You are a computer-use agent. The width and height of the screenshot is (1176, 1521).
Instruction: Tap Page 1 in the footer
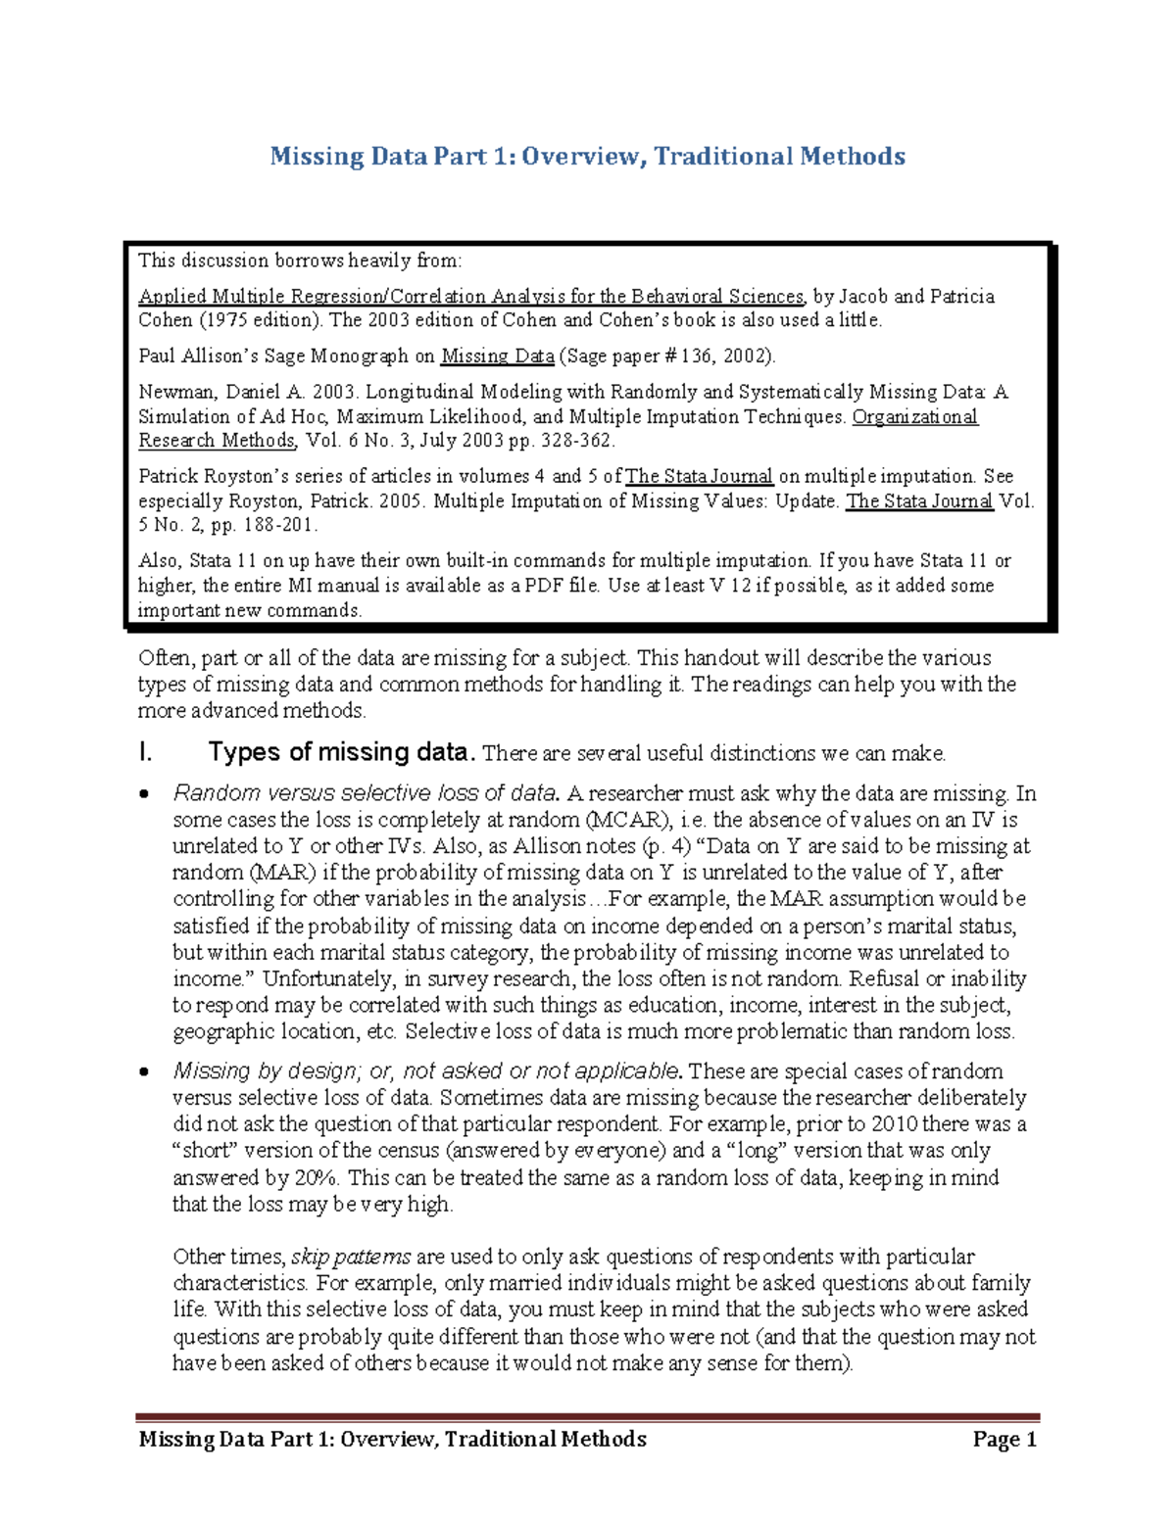1004,1439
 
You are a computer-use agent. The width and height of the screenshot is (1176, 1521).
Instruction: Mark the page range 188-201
276,525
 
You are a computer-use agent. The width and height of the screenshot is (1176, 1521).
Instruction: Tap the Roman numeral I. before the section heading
146,752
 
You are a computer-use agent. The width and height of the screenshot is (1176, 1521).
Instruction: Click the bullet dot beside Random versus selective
145,794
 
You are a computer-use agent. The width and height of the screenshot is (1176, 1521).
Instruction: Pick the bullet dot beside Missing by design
145,1072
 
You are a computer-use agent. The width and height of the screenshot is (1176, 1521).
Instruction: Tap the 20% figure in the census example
316,1177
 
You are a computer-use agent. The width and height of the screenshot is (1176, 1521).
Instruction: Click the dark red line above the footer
587,1416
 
